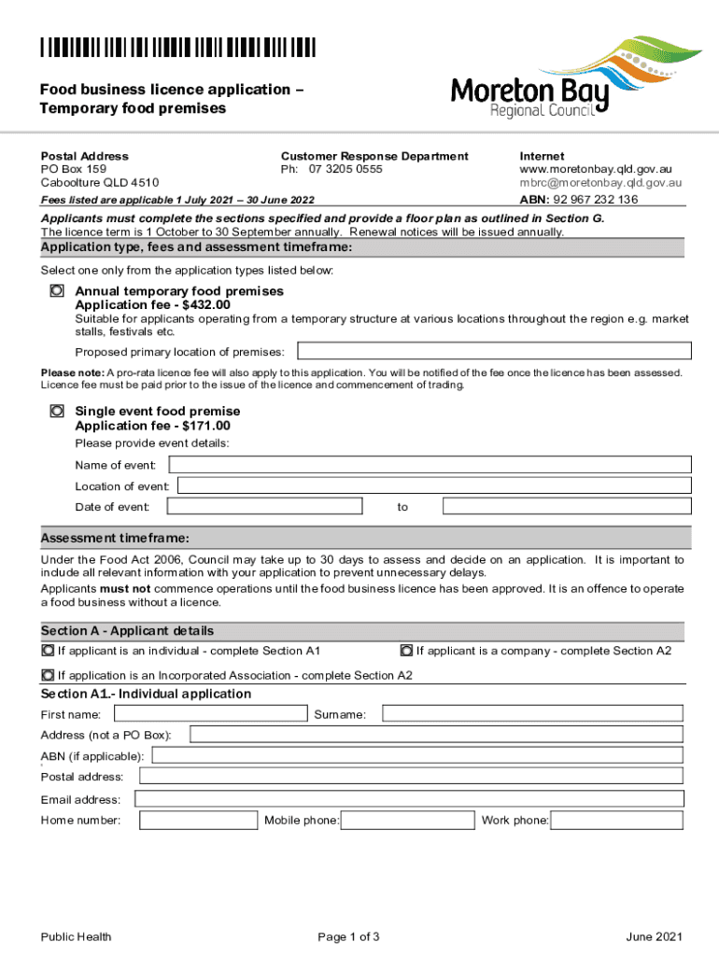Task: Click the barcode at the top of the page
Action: (177, 48)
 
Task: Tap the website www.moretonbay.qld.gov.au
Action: (596, 170)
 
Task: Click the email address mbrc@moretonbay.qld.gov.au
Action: (600, 184)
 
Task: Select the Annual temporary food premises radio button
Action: (57, 291)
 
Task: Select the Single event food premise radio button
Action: (57, 411)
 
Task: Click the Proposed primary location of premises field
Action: (494, 351)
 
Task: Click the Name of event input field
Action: (430, 464)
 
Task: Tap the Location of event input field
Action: (434, 485)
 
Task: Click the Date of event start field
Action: (264, 506)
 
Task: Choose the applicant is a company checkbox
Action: (406, 650)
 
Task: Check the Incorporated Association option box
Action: (48, 674)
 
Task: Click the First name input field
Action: (208, 713)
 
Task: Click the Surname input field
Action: (533, 713)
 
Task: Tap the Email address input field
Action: (409, 799)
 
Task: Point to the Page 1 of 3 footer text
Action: (348, 936)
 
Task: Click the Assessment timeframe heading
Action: (116, 538)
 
